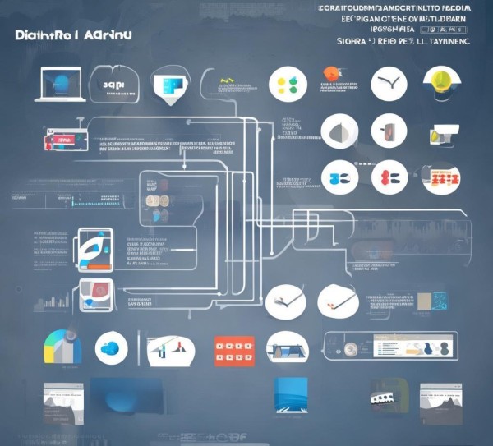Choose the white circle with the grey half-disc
coord(339,131)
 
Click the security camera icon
coord(444,131)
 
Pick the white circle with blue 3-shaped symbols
coord(339,177)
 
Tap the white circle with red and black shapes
coord(389,177)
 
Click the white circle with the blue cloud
coord(110,348)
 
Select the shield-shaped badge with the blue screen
coord(171,84)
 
